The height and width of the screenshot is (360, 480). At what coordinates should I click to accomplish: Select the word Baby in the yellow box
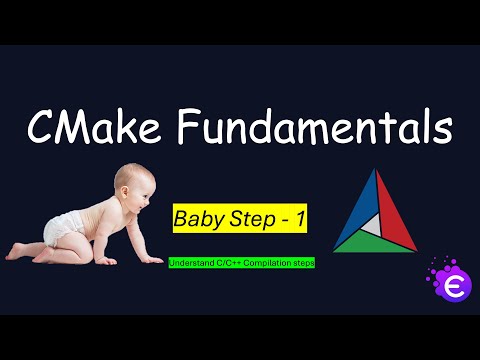tap(196, 219)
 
